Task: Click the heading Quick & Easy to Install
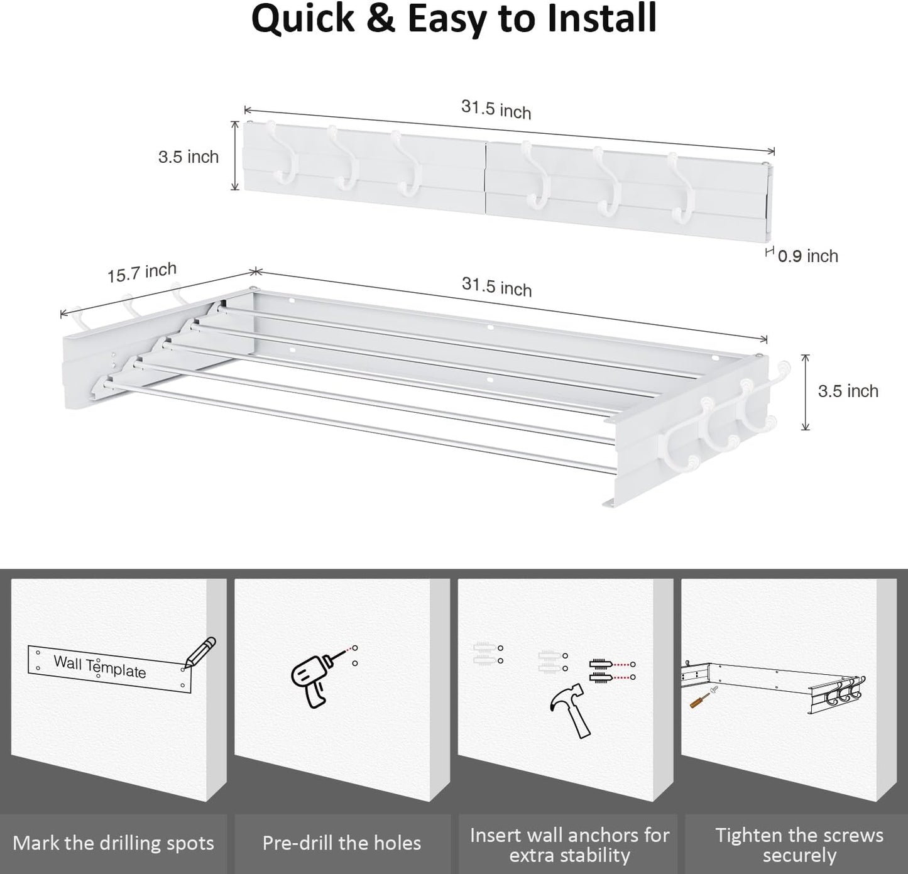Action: tap(454, 19)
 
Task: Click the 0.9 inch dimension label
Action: tap(807, 256)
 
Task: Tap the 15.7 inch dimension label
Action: tap(142, 273)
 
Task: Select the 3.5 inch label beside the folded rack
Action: tap(188, 156)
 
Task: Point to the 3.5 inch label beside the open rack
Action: tap(848, 391)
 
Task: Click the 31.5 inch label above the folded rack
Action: tap(496, 109)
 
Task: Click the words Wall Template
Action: tap(99, 667)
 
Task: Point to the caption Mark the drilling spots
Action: tap(113, 843)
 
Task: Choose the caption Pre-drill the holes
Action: tap(342, 843)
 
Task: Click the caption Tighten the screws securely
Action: tap(799, 844)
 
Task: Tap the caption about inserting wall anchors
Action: tap(569, 844)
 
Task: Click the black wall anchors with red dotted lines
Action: tap(601, 670)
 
